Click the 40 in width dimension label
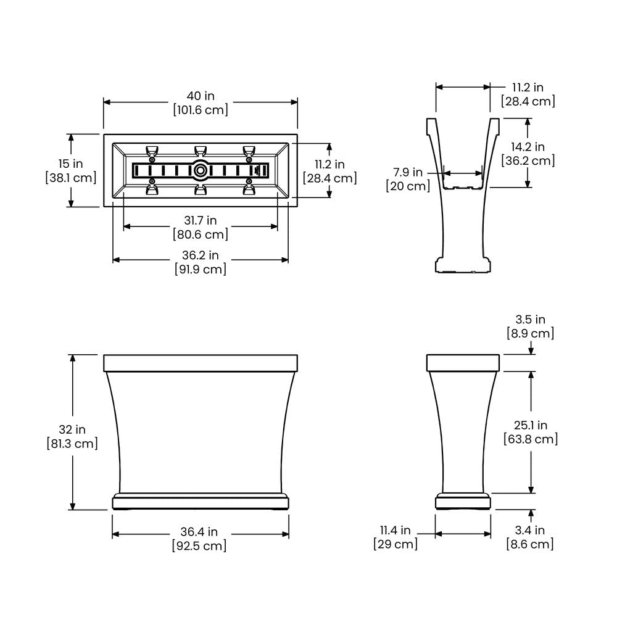click(x=201, y=96)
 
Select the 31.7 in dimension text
click(x=201, y=220)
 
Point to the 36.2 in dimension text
click(x=201, y=255)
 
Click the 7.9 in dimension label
click(x=408, y=172)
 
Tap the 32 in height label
click(x=72, y=429)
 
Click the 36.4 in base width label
click(x=201, y=532)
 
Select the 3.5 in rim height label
click(x=530, y=320)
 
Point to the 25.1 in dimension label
click(x=530, y=425)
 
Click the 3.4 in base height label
click(x=530, y=530)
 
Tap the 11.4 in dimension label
click(x=395, y=530)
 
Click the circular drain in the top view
click(x=201, y=170)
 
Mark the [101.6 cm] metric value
click(x=201, y=110)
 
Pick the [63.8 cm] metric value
click(x=530, y=439)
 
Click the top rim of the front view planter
click(x=201, y=363)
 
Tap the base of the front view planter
click(x=201, y=501)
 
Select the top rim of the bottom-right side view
click(x=463, y=363)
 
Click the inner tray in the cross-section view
click(x=463, y=180)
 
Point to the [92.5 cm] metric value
click(x=201, y=545)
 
